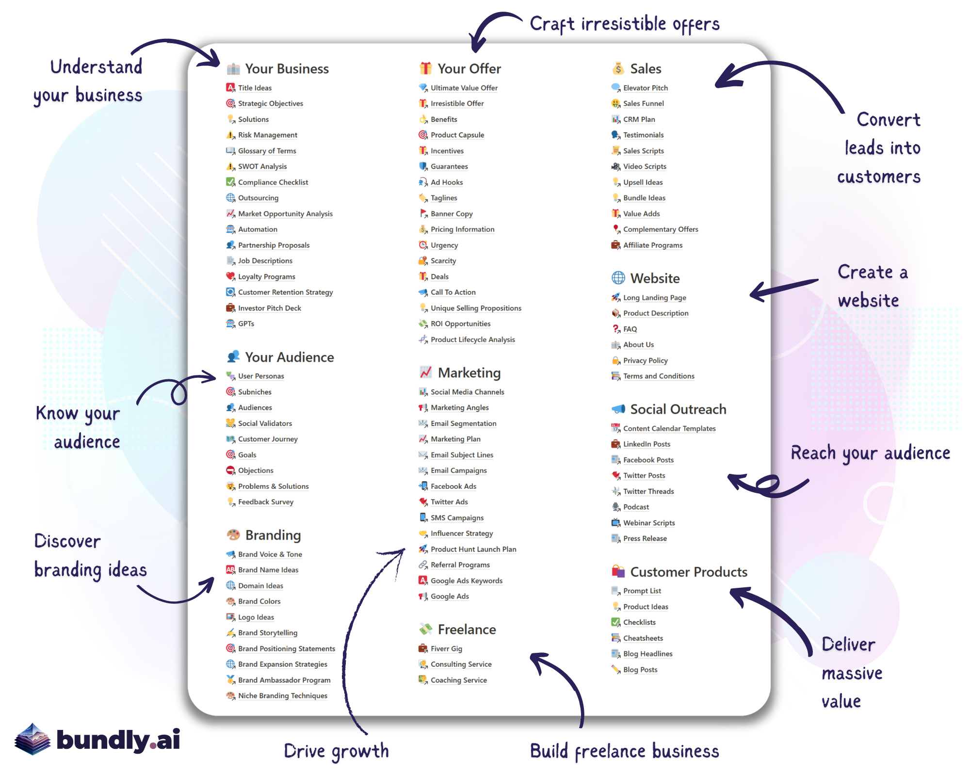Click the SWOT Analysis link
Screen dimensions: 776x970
coord(262,166)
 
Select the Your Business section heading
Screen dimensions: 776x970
coord(287,69)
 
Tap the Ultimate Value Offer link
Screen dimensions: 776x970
coord(464,88)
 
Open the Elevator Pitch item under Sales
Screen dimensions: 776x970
coord(645,88)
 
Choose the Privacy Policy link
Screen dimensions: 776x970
coord(645,360)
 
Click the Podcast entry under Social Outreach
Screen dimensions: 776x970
coord(636,507)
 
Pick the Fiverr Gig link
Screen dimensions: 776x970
coord(446,648)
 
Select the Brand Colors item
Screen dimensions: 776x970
coord(259,601)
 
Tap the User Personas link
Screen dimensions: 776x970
coord(261,376)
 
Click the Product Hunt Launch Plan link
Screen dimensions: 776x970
coord(473,549)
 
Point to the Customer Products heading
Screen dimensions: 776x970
coord(688,572)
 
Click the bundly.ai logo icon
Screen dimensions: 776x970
coord(32,739)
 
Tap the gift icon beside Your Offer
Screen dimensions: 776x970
coord(425,68)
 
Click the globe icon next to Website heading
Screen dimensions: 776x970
coord(618,278)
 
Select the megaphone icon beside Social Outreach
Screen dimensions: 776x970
coord(618,409)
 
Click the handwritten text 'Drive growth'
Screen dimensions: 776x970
coord(336,751)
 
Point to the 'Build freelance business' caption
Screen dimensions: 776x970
coord(624,751)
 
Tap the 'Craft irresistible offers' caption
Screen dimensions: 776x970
coord(624,24)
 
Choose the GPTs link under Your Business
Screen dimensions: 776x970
coord(246,323)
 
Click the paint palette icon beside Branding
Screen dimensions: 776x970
coord(233,534)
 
